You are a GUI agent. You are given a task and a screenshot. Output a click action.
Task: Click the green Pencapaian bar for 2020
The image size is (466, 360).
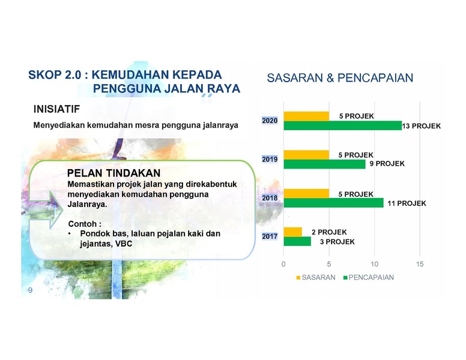click(343, 125)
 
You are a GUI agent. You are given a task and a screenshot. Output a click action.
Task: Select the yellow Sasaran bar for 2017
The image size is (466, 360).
click(292, 232)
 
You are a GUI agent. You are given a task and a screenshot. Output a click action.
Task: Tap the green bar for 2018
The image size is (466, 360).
click(333, 203)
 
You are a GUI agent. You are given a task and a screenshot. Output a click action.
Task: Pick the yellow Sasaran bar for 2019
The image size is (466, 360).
click(306, 155)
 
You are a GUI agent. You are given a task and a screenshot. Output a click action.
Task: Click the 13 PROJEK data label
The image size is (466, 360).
click(421, 126)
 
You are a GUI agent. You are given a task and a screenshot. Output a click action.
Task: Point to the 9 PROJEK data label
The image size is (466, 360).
click(387, 164)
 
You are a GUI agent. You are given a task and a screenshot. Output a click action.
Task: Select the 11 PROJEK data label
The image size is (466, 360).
click(407, 203)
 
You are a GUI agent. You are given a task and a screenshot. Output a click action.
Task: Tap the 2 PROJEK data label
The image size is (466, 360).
click(329, 232)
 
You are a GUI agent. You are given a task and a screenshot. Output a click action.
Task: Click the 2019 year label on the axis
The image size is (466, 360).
click(270, 160)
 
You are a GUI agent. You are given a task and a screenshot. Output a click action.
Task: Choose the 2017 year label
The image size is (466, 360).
click(270, 236)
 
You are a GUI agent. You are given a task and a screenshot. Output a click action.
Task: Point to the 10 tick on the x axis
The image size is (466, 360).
click(375, 264)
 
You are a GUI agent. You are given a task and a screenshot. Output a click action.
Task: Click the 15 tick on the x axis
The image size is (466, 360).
click(420, 264)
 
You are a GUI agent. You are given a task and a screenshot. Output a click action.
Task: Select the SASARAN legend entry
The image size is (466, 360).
click(316, 277)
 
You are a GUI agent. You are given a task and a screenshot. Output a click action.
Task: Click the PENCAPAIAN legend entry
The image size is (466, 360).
click(369, 277)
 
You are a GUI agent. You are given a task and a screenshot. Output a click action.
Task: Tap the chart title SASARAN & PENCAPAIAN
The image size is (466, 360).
click(340, 78)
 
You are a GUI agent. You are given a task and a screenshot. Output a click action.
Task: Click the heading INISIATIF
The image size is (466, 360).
click(56, 109)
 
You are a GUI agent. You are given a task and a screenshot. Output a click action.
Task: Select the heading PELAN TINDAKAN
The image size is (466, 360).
click(114, 173)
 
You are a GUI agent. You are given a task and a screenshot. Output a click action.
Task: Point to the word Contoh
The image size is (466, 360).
click(82, 224)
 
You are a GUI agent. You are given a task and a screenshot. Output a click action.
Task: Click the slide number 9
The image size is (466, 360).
click(30, 290)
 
